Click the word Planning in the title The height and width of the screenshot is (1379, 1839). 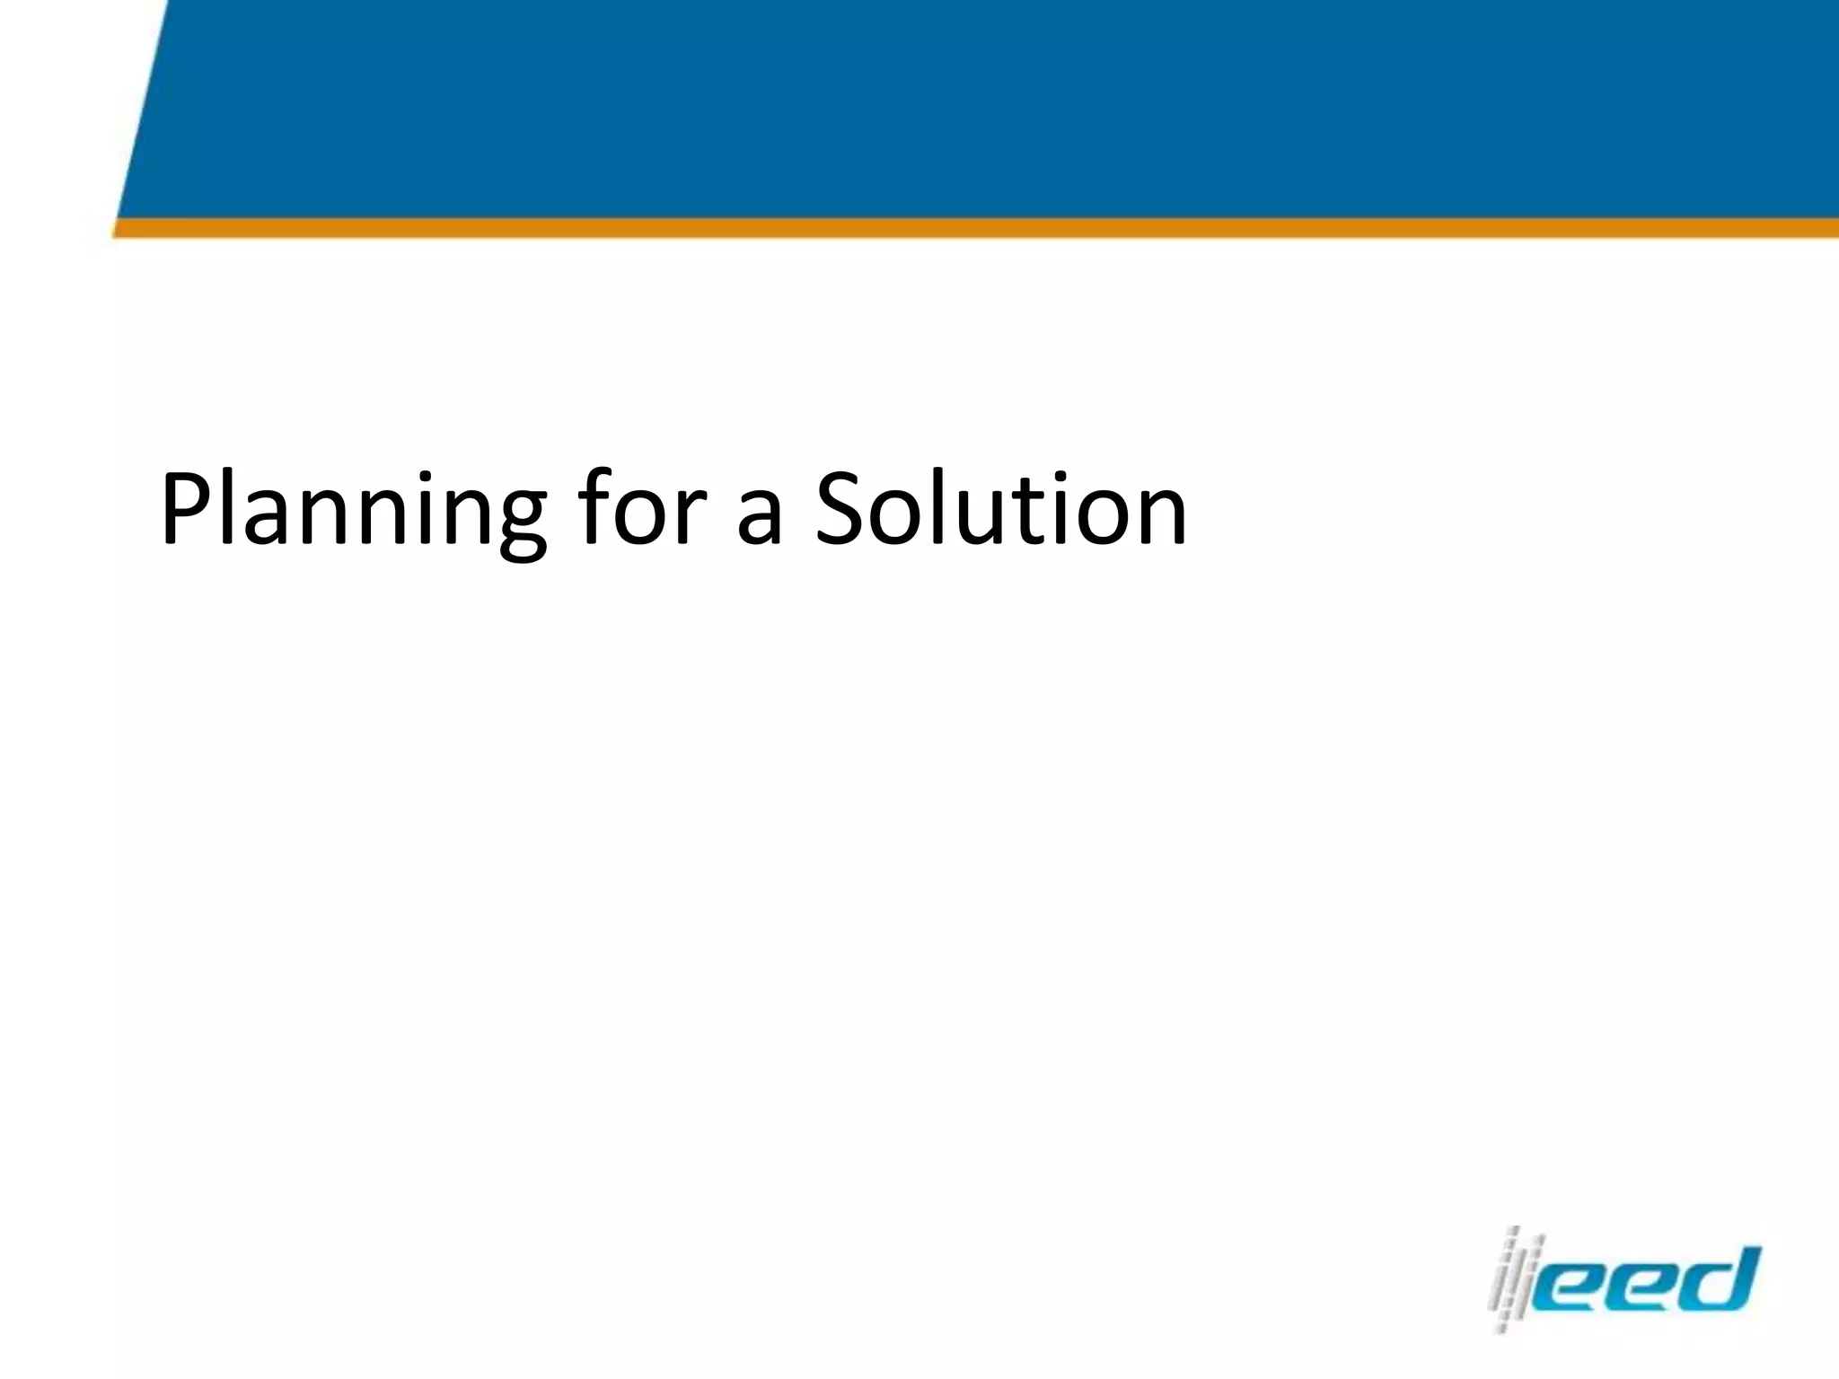(x=353, y=511)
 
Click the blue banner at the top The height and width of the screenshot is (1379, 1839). (x=988, y=108)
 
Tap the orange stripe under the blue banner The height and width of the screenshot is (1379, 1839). (x=988, y=228)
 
